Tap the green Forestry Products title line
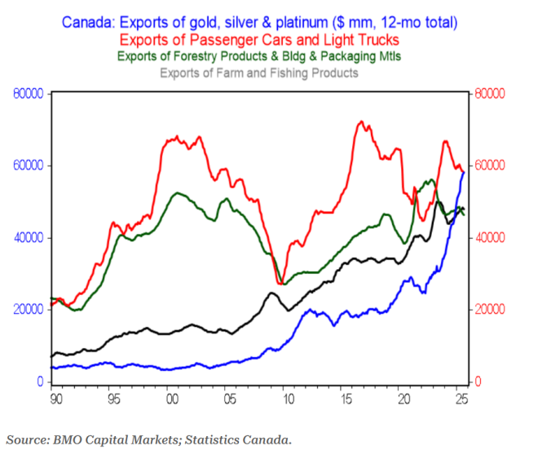tap(259, 56)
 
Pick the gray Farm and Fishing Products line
tap(259, 73)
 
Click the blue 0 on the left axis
tap(39, 382)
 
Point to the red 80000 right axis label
tap(492, 94)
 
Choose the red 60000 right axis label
tap(492, 165)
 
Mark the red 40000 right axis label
tap(492, 237)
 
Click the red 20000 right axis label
tap(492, 310)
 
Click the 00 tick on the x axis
tap(172, 399)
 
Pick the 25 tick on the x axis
tap(461, 399)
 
